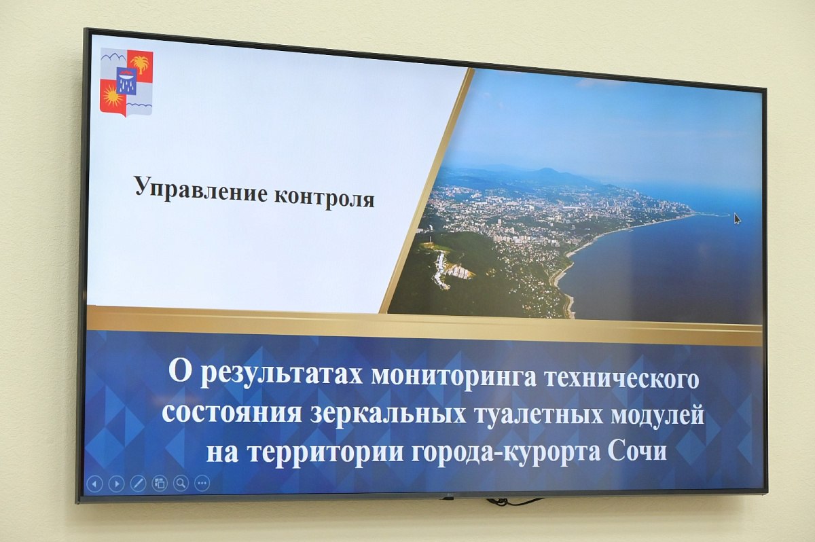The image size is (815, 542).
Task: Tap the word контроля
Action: coord(324,198)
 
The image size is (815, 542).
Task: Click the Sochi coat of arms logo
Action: coord(126,83)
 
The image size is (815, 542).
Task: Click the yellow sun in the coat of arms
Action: coord(111,96)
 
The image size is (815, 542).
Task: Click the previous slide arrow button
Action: coord(94,484)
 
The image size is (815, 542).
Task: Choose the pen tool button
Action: coord(138,484)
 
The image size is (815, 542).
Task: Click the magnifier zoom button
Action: coord(181,484)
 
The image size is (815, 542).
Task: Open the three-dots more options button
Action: coord(202,484)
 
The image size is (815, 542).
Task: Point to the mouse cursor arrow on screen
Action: coord(737,219)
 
